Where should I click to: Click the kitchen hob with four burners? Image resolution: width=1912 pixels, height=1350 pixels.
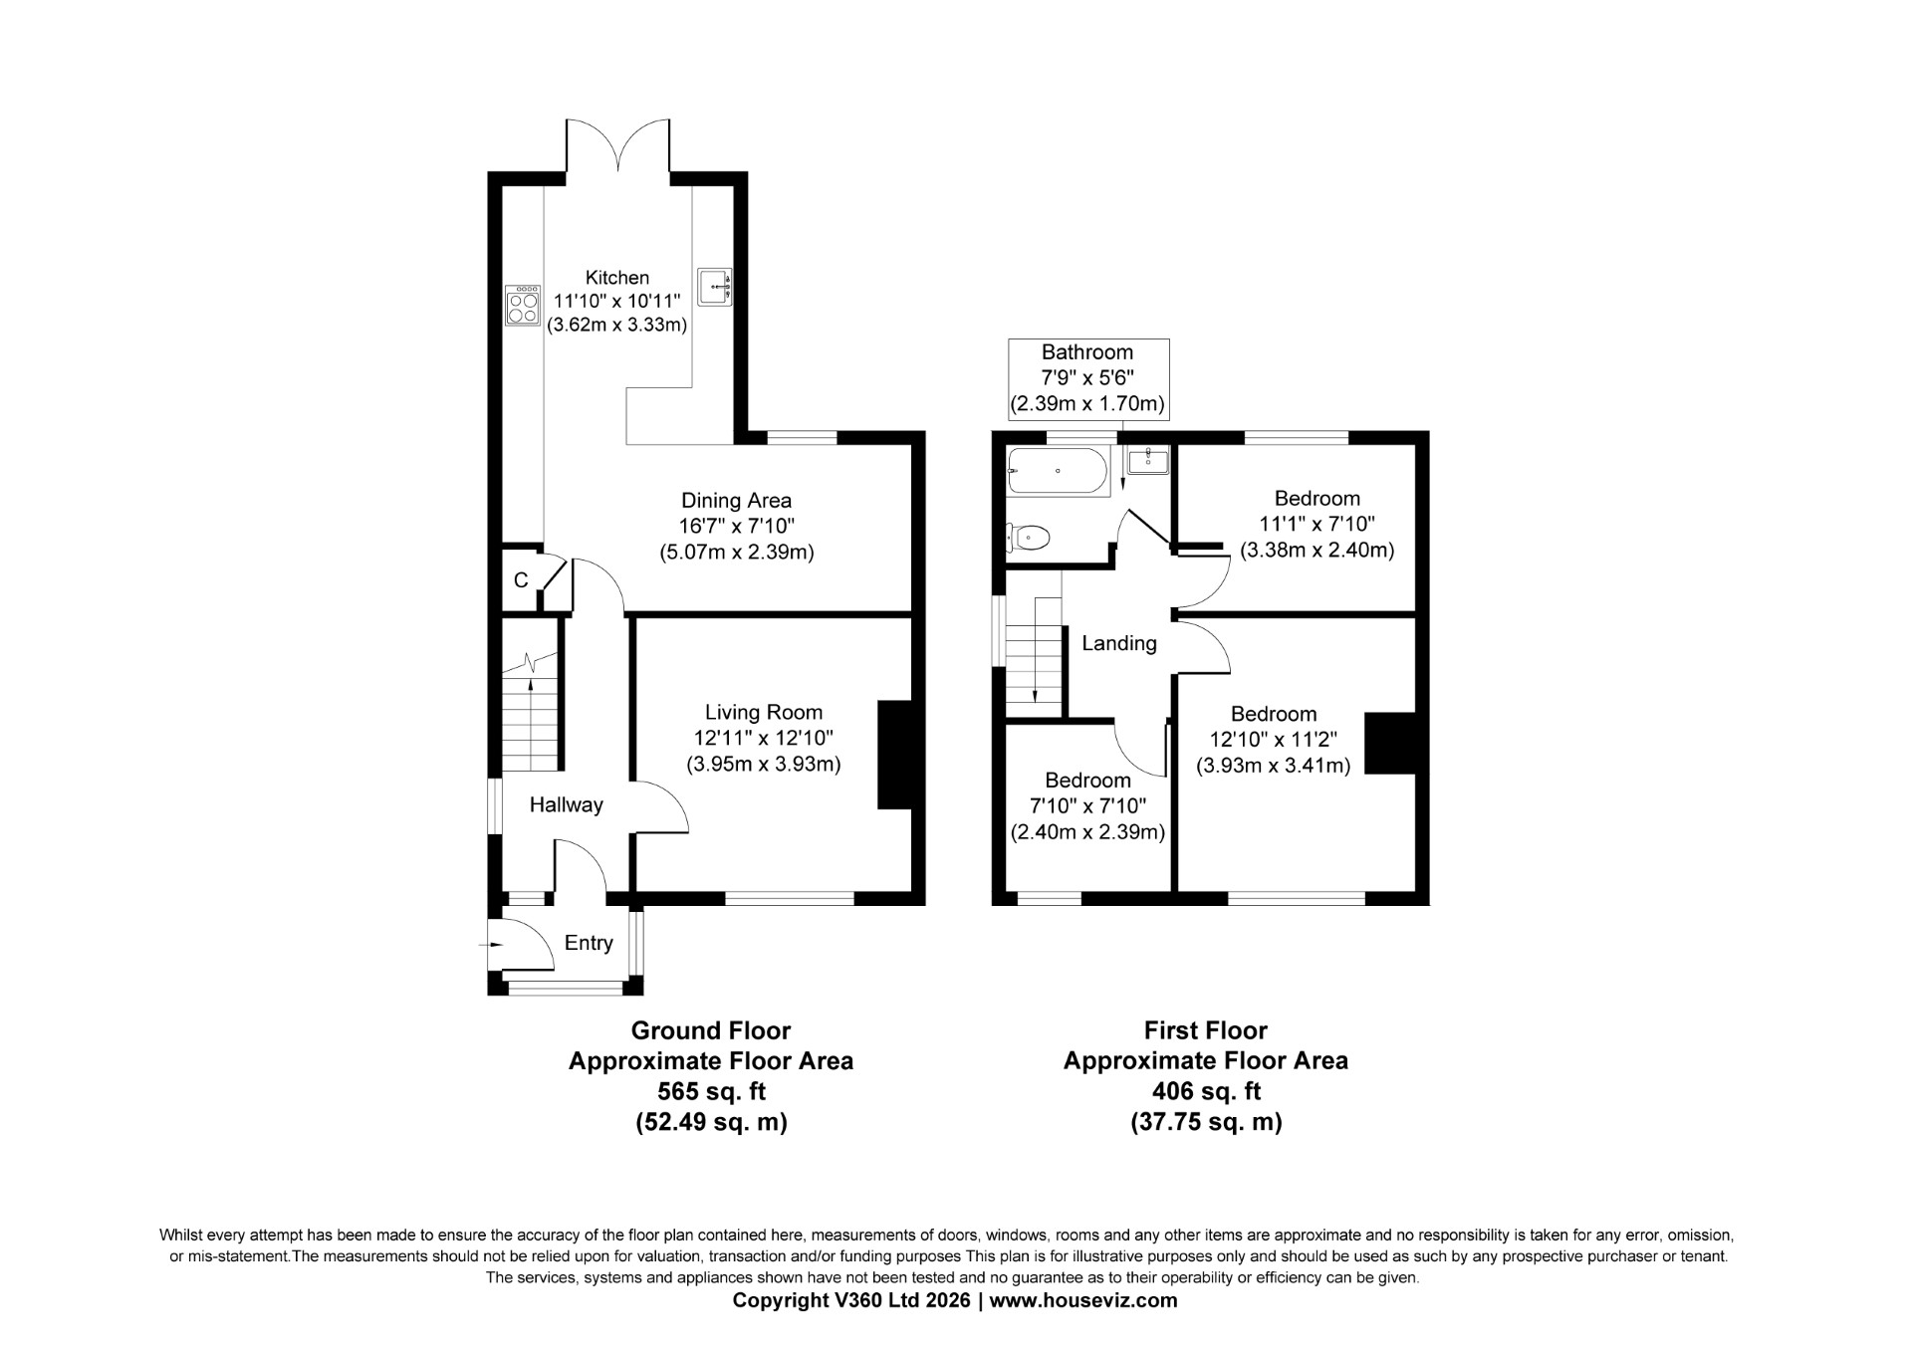[x=522, y=305]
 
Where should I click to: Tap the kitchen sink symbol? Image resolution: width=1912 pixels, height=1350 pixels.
[x=715, y=286]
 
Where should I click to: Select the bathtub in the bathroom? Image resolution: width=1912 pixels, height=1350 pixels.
[x=1058, y=471]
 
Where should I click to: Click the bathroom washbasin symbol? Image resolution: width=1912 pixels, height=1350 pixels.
[x=1148, y=460]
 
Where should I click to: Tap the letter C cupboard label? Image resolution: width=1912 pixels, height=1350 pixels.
[x=521, y=580]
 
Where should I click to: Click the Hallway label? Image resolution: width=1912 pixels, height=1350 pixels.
[x=566, y=805]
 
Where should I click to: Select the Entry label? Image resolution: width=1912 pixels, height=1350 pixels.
[x=589, y=944]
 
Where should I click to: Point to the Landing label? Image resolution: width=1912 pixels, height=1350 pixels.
[x=1119, y=644]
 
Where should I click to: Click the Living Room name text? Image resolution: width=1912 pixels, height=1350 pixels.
[x=764, y=713]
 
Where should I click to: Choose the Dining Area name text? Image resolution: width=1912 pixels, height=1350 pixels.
[x=736, y=501]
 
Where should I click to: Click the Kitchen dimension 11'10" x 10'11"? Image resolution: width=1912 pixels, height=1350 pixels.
[x=617, y=301]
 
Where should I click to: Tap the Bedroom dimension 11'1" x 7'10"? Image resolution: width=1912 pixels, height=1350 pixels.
[x=1316, y=524]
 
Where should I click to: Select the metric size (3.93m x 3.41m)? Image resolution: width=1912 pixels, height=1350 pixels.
[x=1273, y=766]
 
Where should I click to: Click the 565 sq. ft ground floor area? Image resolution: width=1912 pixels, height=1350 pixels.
[x=712, y=1092]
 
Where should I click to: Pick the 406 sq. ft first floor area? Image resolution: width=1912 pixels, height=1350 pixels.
[x=1206, y=1092]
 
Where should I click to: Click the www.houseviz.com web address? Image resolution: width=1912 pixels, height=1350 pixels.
[x=1083, y=1300]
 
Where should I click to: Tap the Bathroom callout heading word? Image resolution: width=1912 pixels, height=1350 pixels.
[x=1087, y=352]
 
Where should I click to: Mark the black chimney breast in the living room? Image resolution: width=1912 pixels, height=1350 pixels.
[x=895, y=755]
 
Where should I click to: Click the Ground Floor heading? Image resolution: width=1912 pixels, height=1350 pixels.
[x=711, y=1030]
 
